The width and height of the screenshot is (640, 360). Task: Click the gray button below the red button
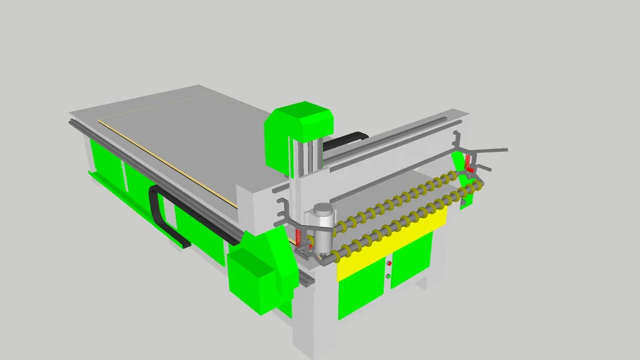point(388,276)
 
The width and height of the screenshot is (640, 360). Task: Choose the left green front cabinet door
point(361,286)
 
